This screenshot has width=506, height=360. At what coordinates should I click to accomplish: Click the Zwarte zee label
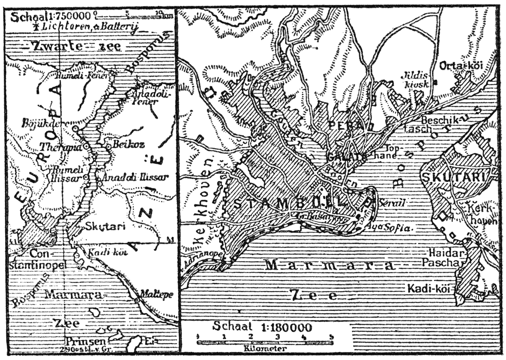point(72,46)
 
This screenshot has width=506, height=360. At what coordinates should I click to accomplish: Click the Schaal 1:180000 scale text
point(262,327)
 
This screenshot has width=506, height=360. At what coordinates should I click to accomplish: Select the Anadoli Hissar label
point(135,177)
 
